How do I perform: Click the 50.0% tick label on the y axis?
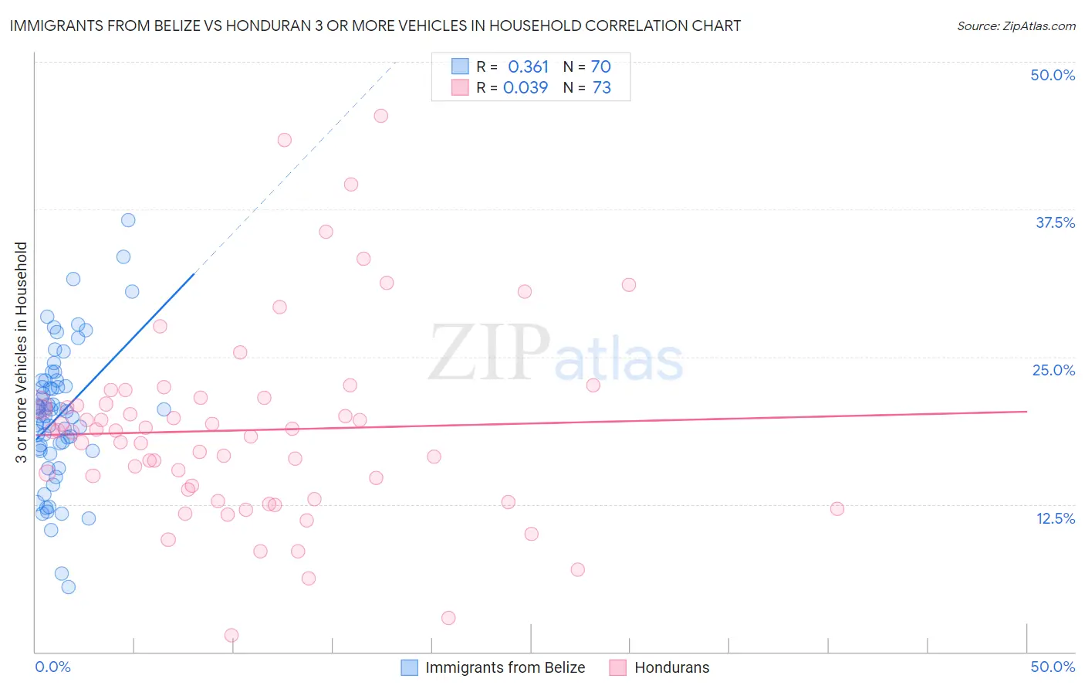click(1053, 75)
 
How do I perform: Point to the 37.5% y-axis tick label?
click(1055, 222)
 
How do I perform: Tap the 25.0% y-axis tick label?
click(1053, 370)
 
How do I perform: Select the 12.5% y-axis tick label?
click(1055, 518)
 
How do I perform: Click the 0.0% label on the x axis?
click(52, 667)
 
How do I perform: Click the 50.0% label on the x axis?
click(1053, 667)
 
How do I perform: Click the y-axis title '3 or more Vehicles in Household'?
click(22, 352)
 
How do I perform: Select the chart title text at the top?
click(375, 25)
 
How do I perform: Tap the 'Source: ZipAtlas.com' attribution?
click(1016, 25)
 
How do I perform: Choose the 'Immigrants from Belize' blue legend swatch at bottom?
click(410, 667)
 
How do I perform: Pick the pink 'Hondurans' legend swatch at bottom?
click(617, 667)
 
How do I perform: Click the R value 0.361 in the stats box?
click(528, 67)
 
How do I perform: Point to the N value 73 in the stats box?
click(601, 88)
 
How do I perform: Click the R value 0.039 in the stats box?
click(526, 88)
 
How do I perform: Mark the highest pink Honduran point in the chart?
click(380, 116)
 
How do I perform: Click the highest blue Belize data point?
click(128, 220)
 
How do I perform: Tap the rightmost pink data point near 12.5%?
click(837, 509)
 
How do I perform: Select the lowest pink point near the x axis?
click(232, 635)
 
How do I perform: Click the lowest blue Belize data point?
click(69, 587)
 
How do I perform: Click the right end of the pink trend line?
click(1026, 412)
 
